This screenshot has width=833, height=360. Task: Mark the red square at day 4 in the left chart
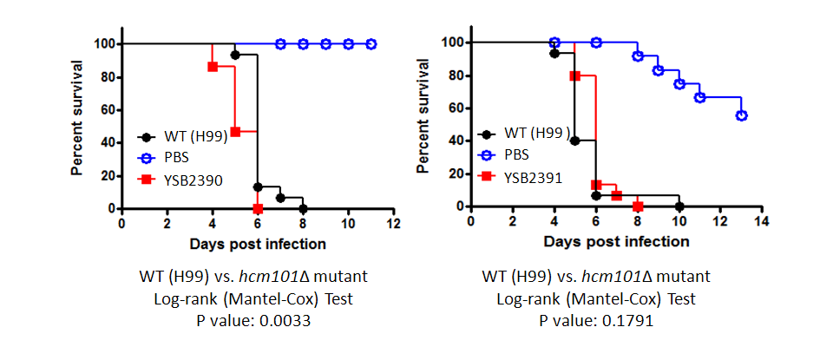tap(213, 67)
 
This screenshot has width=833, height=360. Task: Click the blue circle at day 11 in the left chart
tap(371, 43)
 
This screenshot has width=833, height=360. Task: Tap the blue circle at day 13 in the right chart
tap(741, 115)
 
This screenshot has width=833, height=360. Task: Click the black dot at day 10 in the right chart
tap(679, 206)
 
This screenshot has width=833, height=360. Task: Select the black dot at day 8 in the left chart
tap(303, 208)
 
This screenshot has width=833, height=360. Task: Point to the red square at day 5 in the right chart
tap(574, 75)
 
